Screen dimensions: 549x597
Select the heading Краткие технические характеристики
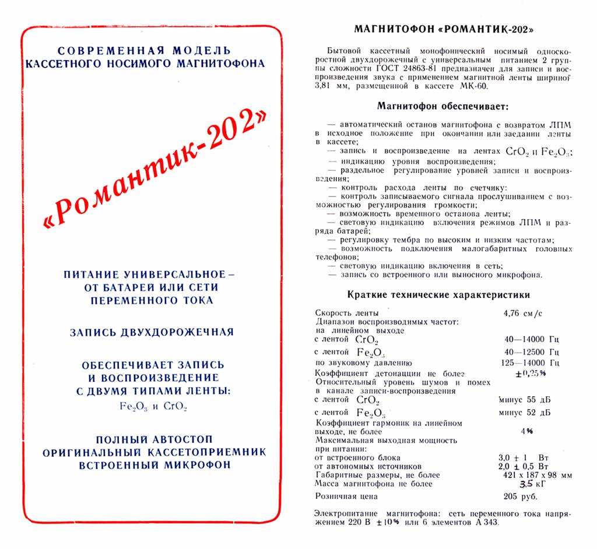(438, 294)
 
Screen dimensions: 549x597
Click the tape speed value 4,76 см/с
(522, 313)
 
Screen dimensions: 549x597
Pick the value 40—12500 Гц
(532, 352)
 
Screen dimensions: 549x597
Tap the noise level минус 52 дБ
(525, 413)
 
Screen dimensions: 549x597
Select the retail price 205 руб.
(520, 497)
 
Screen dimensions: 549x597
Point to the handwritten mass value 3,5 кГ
(517, 483)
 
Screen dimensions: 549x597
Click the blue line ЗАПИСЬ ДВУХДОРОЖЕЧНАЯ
(152, 332)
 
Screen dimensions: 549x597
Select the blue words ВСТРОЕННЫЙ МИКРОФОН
(154, 464)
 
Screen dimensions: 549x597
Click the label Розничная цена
(346, 497)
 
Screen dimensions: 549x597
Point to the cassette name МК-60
(471, 86)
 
